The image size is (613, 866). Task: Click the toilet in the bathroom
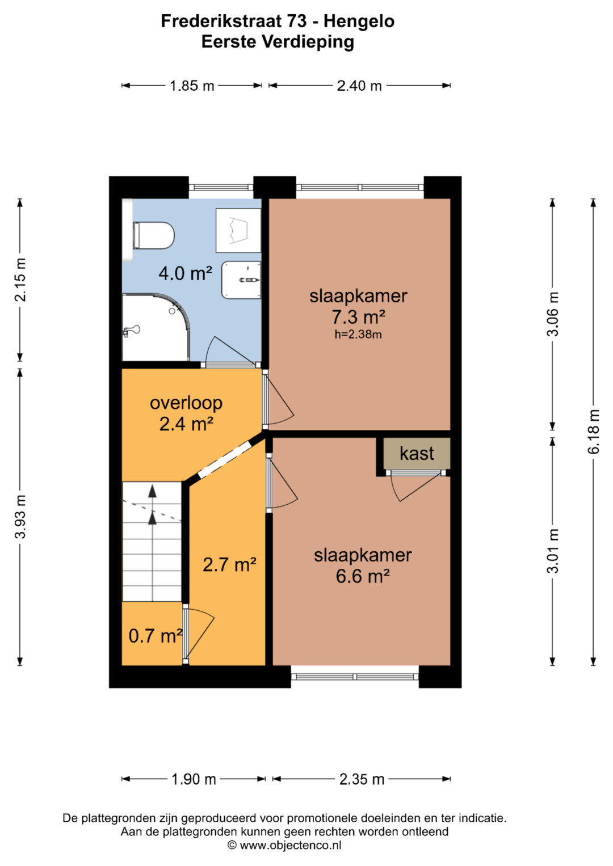pyautogui.click(x=153, y=235)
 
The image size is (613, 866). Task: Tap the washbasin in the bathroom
pyautogui.click(x=241, y=280)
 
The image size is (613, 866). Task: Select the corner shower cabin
pyautogui.click(x=156, y=327)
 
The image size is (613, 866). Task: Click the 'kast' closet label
pyautogui.click(x=417, y=453)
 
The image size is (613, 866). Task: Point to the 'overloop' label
pyautogui.click(x=186, y=403)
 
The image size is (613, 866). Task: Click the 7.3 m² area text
pyautogui.click(x=358, y=317)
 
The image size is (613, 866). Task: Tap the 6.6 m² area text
pyautogui.click(x=363, y=576)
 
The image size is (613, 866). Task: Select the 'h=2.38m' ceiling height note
pyautogui.click(x=358, y=335)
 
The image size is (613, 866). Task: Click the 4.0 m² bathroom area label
pyautogui.click(x=186, y=273)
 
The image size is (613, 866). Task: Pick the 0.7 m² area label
pyautogui.click(x=155, y=636)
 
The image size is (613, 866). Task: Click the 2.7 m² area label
pyautogui.click(x=229, y=565)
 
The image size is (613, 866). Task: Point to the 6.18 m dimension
pyautogui.click(x=594, y=432)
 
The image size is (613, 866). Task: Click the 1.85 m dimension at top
pyautogui.click(x=192, y=86)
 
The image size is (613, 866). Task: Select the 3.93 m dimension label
pyautogui.click(x=20, y=517)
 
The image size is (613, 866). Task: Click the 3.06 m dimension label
pyautogui.click(x=553, y=314)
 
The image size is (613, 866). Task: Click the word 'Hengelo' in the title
pyautogui.click(x=359, y=21)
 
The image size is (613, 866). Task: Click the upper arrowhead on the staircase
pyautogui.click(x=153, y=491)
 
